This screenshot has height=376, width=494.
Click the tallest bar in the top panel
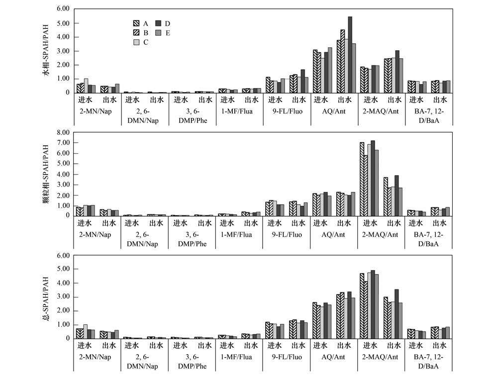pyautogui.click(x=350, y=55)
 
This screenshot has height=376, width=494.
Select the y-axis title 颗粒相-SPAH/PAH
pyautogui.click(x=47, y=174)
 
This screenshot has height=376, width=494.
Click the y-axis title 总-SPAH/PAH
pyautogui.click(x=47, y=297)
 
